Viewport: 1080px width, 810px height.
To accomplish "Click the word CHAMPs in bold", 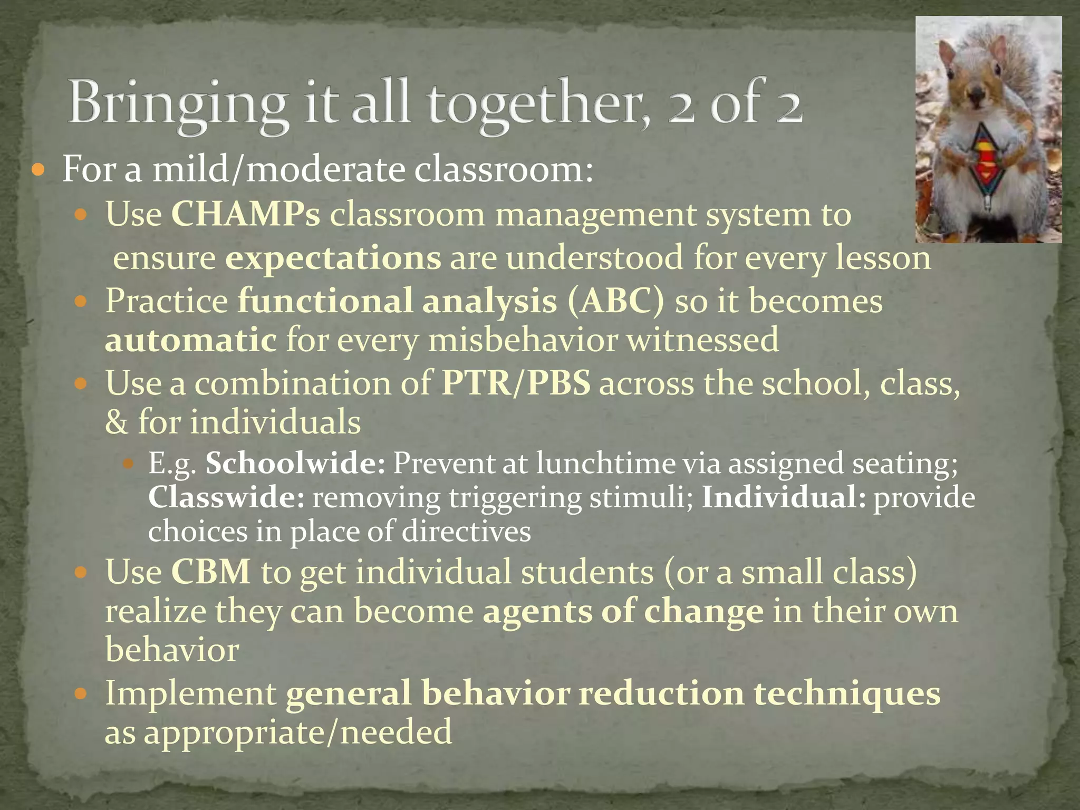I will tap(245, 215).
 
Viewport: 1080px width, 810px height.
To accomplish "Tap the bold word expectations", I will tap(333, 258).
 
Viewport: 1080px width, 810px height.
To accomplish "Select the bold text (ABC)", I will tap(616, 301).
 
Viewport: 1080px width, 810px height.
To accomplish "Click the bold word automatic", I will tap(190, 340).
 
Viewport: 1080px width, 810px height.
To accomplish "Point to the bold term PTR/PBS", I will tap(516, 383).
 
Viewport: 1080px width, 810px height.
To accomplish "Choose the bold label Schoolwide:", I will tap(295, 464).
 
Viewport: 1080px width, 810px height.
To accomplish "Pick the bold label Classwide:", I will tap(226, 497).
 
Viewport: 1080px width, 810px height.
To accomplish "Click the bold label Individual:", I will tap(784, 497).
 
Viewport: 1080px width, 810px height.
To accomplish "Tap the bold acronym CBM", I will tap(210, 572).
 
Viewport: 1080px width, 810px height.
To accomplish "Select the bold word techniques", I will tap(847, 693).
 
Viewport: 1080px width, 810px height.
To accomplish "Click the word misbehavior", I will tap(523, 340).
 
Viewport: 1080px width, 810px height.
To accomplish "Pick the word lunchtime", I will tap(605, 464).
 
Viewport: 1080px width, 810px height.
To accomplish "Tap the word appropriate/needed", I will tap(298, 733).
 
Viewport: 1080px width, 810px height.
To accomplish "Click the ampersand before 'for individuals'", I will tap(117, 422).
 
